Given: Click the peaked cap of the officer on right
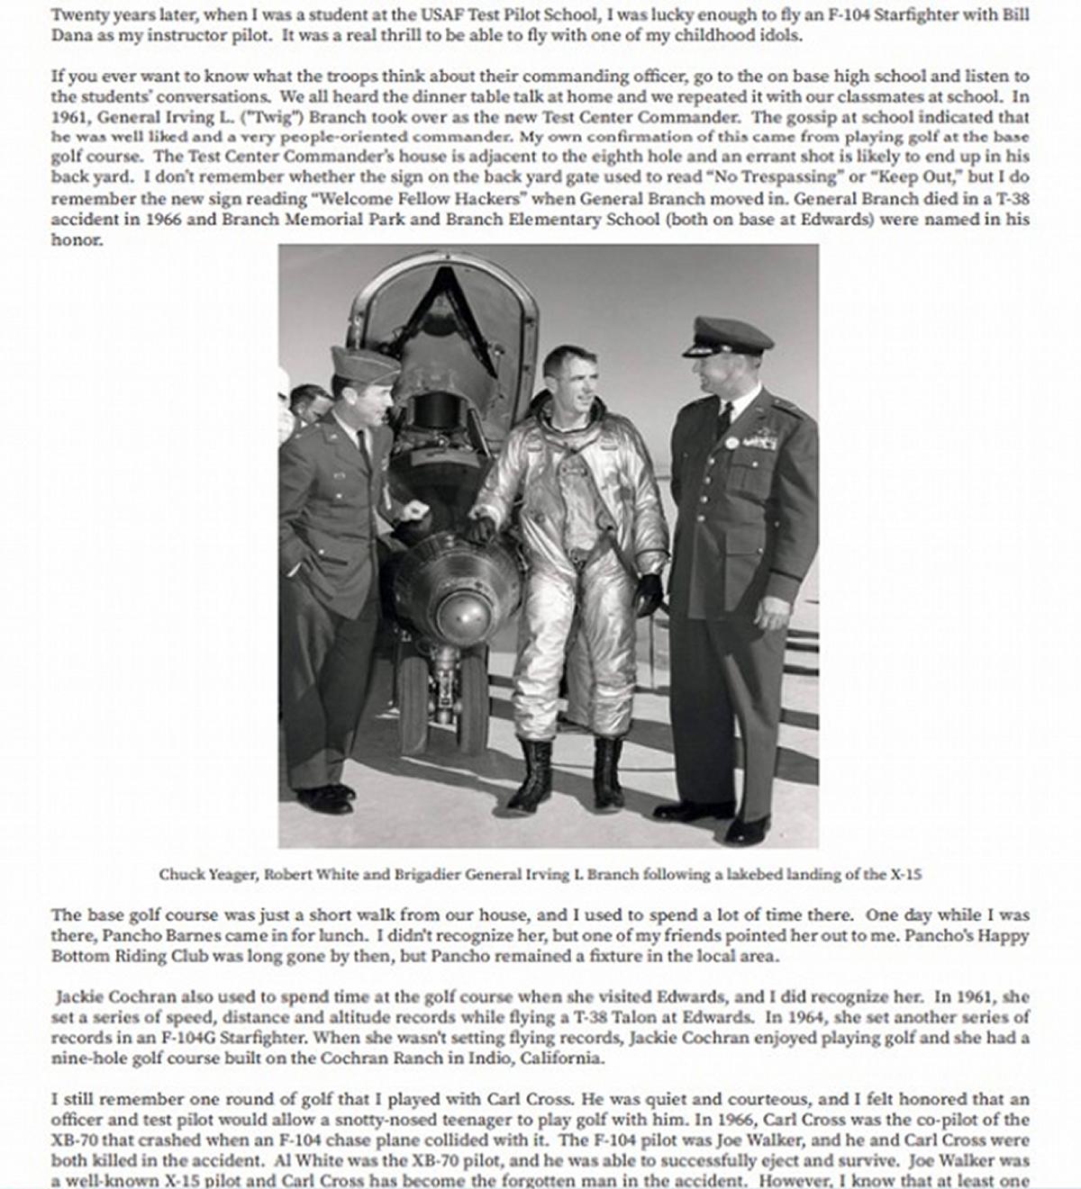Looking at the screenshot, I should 727,335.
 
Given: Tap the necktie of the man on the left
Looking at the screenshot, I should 362,446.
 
